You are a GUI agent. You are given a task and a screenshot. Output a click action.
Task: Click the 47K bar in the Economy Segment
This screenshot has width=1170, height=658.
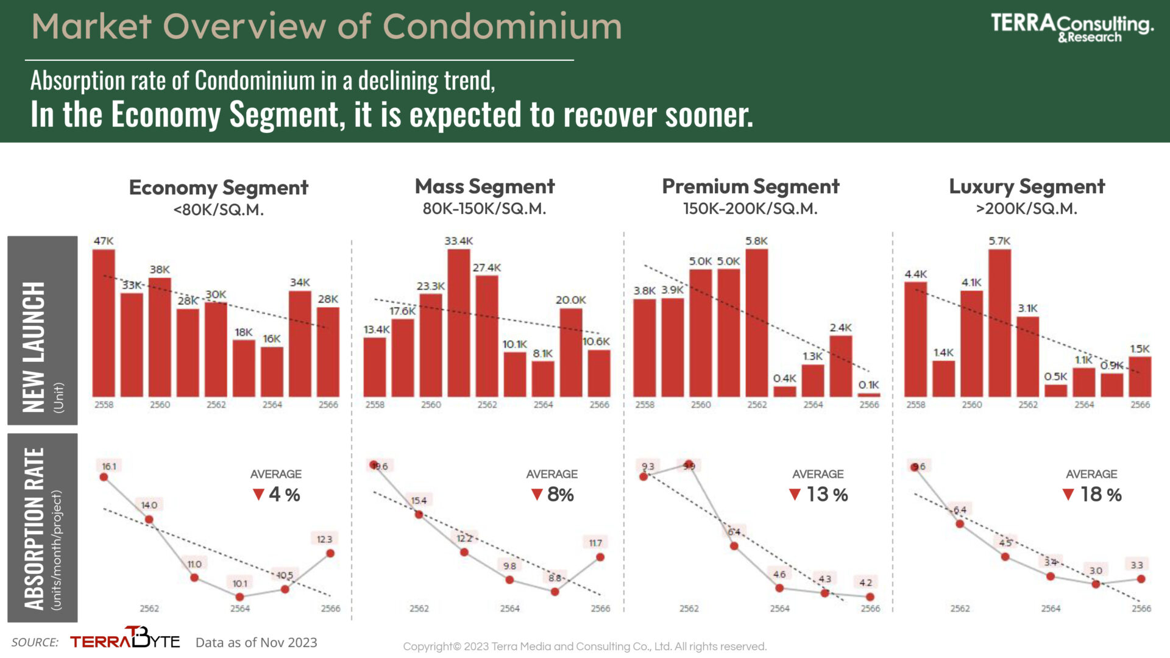point(104,323)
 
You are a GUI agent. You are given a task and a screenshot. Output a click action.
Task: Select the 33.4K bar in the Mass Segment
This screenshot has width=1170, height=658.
point(458,323)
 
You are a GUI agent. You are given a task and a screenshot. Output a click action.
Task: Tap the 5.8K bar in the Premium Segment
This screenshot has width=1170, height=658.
point(756,323)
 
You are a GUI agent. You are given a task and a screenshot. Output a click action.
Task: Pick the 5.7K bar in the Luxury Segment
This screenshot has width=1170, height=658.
point(999,323)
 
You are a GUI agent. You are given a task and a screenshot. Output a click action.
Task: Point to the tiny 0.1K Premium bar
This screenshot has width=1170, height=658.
point(869,395)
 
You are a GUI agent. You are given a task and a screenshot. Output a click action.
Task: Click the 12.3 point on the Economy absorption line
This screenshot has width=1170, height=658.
point(330,553)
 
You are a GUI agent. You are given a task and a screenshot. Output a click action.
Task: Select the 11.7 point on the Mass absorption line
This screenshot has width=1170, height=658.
point(600,557)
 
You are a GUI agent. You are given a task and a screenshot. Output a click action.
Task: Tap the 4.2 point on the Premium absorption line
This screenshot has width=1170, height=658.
point(870,597)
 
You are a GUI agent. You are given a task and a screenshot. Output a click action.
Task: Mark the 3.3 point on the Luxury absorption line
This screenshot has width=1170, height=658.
point(1141,579)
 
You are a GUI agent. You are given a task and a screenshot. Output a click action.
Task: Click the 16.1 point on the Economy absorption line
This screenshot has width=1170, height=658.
point(104,477)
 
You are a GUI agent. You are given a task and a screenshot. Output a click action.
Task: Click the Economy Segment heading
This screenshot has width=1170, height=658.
point(219,188)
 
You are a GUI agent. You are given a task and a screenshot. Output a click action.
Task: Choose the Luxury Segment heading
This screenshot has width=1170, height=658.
point(1027,186)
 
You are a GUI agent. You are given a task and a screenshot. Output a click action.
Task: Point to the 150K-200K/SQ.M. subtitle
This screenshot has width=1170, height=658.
point(750,209)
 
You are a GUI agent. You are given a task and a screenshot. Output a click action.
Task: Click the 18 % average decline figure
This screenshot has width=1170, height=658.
point(1101,495)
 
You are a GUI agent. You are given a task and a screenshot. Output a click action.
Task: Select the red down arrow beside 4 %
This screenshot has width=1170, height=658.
point(258,494)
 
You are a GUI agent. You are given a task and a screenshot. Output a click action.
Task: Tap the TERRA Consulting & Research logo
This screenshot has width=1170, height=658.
point(1072,28)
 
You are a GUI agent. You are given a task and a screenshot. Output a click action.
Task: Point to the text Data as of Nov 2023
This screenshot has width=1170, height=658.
point(256,642)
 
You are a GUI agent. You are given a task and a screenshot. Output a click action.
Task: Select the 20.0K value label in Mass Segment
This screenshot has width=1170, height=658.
point(570,300)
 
